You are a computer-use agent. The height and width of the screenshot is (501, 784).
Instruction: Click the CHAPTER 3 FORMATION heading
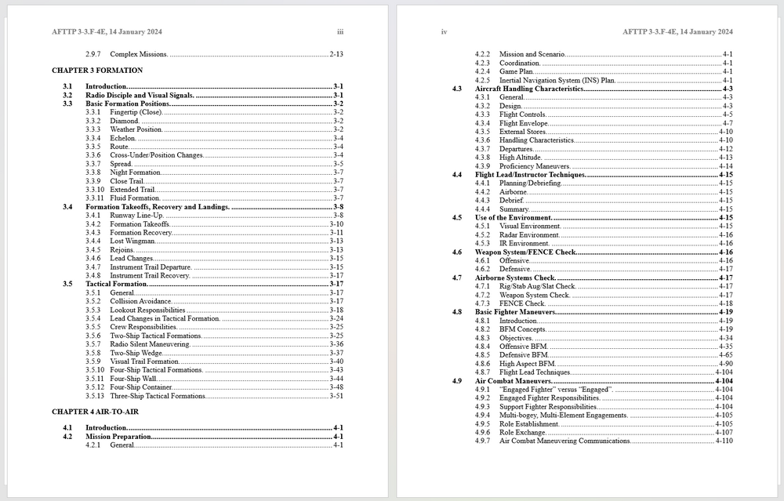[97, 71]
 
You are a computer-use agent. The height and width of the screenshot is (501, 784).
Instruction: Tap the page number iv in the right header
[444, 32]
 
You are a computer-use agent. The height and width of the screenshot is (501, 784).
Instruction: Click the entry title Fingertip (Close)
[136, 112]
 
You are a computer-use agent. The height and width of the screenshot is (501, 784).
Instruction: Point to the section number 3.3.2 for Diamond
[94, 121]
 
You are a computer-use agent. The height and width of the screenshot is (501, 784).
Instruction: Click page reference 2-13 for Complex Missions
[336, 54]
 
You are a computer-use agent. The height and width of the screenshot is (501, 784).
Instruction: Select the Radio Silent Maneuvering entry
[150, 344]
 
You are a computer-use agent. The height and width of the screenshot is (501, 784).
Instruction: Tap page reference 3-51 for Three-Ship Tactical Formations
[336, 396]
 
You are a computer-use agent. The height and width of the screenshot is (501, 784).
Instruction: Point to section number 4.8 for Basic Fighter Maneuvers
[456, 312]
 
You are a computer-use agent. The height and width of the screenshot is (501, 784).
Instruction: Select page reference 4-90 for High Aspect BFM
[725, 364]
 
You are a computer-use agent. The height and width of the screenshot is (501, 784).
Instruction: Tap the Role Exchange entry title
[522, 433]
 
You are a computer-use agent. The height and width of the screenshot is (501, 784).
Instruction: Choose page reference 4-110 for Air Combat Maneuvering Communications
[724, 441]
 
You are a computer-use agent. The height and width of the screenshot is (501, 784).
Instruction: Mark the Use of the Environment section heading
[514, 218]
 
